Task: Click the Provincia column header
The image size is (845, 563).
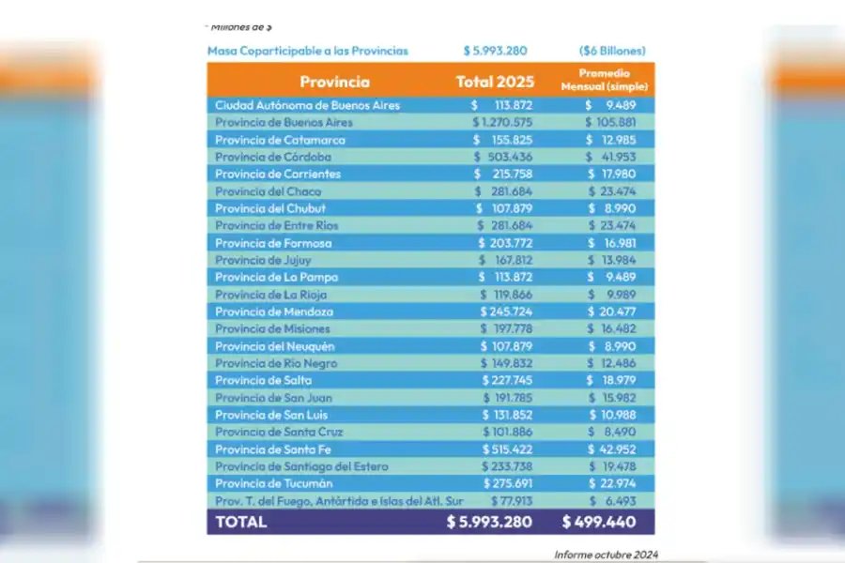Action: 334,82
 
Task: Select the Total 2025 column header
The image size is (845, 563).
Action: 494,82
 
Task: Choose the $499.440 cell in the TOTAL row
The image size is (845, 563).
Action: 607,522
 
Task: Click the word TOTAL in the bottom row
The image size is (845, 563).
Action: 241,522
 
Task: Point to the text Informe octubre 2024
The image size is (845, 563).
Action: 606,555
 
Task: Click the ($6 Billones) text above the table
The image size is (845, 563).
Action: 612,51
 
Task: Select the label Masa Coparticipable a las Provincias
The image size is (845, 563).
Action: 308,51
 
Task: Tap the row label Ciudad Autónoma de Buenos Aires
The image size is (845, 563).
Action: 307,105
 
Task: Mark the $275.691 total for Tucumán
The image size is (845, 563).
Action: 506,483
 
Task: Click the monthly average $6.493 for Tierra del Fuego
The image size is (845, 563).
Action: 616,501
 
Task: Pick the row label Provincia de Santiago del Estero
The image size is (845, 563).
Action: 301,466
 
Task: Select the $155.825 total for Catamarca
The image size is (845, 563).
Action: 504,140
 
